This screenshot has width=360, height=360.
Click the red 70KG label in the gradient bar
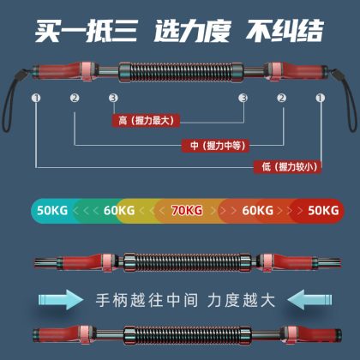tap(187, 211)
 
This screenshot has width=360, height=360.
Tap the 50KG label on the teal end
tap(52, 211)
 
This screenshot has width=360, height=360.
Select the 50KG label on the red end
tap(323, 211)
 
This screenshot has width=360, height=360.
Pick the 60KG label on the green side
tap(119, 211)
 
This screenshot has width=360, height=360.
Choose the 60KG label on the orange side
tap(258, 211)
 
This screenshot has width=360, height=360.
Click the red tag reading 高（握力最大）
tap(146, 121)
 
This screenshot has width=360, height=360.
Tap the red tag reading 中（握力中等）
tap(216, 146)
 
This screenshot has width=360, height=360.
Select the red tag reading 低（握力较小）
tap(287, 166)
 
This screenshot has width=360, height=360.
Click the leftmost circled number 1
tap(36, 98)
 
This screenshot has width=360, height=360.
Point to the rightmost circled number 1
tap(320, 98)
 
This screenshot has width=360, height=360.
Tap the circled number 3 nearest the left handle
tap(113, 98)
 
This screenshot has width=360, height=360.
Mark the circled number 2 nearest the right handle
tap(281, 98)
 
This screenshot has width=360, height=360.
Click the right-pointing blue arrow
tap(61, 299)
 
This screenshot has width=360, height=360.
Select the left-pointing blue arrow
tap(309, 299)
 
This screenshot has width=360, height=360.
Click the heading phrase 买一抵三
tap(87, 31)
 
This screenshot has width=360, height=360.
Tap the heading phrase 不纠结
tap(285, 30)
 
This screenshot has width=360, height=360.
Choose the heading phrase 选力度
tap(192, 31)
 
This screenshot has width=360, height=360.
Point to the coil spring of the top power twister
tap(181, 73)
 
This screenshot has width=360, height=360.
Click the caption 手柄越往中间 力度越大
tap(185, 300)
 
